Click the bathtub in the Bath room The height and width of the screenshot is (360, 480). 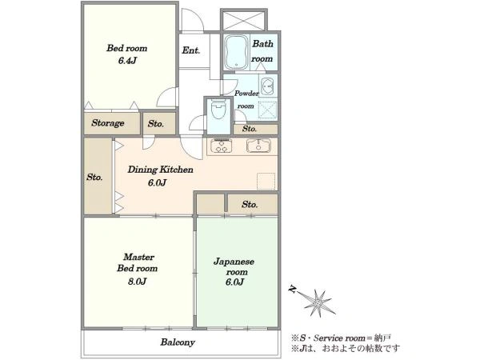[236, 52]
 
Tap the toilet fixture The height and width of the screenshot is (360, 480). [218, 110]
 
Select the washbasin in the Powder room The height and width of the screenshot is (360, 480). [268, 86]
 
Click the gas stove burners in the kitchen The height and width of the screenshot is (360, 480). [221, 146]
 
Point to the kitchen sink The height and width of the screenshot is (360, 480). [258, 146]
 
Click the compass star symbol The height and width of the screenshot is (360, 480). [317, 302]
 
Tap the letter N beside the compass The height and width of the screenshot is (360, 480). [294, 289]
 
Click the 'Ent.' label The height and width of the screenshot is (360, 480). [191, 50]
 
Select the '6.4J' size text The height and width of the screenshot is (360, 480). [127, 61]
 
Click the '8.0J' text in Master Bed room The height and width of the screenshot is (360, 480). [138, 281]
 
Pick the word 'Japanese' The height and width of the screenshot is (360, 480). [234, 262]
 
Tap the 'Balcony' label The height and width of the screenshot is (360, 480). [178, 342]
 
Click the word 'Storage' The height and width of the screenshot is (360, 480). [108, 123]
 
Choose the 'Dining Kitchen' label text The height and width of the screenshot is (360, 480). [161, 170]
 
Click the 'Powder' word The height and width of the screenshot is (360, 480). [246, 93]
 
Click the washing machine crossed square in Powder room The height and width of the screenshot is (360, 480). [268, 110]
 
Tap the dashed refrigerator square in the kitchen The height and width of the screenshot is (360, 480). [266, 182]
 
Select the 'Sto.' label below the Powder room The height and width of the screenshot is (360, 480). [250, 129]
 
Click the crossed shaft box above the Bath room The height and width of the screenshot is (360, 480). [244, 20]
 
